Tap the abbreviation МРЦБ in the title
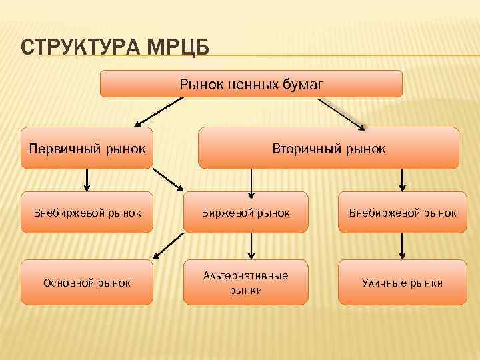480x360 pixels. pyautogui.click(x=177, y=49)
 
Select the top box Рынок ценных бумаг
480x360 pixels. pyautogui.click(x=251, y=84)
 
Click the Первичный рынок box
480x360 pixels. pyautogui.click(x=87, y=147)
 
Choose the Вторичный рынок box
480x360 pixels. pyautogui.click(x=329, y=147)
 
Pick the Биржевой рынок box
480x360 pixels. pyautogui.click(x=246, y=213)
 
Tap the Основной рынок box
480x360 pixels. pyautogui.click(x=87, y=283)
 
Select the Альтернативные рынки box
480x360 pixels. pyautogui.click(x=246, y=283)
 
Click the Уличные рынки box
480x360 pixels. pyautogui.click(x=402, y=283)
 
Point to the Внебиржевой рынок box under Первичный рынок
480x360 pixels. pyautogui.click(x=87, y=213)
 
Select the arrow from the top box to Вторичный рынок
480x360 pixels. pyautogui.click(x=342, y=113)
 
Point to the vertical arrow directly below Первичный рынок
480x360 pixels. pyautogui.click(x=87, y=180)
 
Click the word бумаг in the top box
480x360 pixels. pyautogui.click(x=307, y=84)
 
